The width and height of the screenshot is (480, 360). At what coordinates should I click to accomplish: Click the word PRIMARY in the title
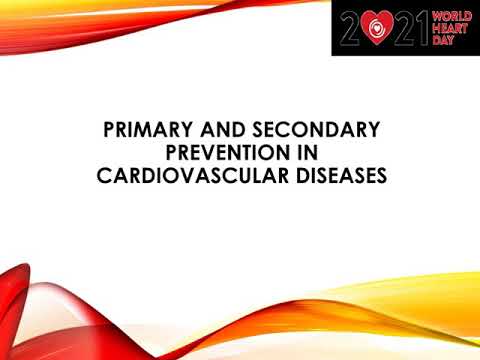coord(150,131)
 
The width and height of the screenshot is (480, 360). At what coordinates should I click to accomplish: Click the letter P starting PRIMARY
coord(110,131)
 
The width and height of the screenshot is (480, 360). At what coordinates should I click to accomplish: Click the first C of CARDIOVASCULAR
coord(103,177)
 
